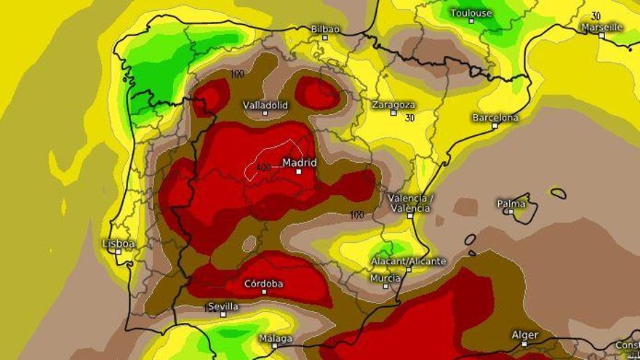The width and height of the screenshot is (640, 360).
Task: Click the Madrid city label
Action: (299, 162)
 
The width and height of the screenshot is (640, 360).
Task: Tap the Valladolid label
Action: (265, 105)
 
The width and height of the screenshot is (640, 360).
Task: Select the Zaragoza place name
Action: (393, 104)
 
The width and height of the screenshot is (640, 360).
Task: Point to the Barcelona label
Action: (495, 117)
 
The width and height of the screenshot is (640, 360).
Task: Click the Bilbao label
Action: (325, 28)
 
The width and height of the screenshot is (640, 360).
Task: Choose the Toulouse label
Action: (471, 12)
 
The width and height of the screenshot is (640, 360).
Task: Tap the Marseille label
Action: (601, 27)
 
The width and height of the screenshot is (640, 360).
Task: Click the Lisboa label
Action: (119, 243)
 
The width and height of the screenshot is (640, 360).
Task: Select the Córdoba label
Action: (264, 283)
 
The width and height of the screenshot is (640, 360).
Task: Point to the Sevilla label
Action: (223, 306)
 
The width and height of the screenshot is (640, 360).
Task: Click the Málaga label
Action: (276, 338)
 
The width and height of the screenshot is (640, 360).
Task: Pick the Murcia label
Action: (385, 278)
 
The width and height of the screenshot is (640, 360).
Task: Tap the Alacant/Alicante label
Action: (408, 260)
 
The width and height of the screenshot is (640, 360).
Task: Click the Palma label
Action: (511, 203)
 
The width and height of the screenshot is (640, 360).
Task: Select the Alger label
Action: (524, 335)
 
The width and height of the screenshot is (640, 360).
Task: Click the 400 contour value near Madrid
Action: (263, 167)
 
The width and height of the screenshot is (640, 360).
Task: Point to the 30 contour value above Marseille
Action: (596, 16)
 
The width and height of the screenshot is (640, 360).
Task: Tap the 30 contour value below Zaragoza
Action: (409, 117)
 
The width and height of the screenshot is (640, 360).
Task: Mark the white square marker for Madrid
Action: (298, 172)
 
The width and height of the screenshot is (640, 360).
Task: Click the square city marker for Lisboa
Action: (119, 252)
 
